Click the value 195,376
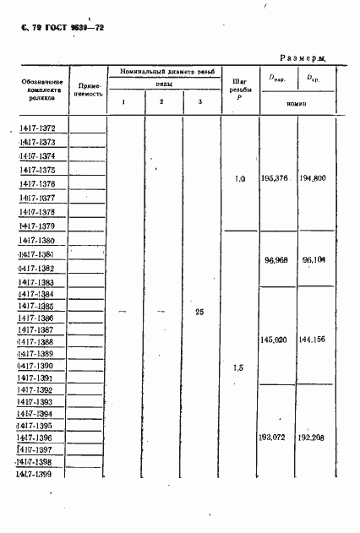point(276,179)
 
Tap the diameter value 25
point(199,312)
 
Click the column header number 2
point(161,102)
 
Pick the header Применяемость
point(89,90)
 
